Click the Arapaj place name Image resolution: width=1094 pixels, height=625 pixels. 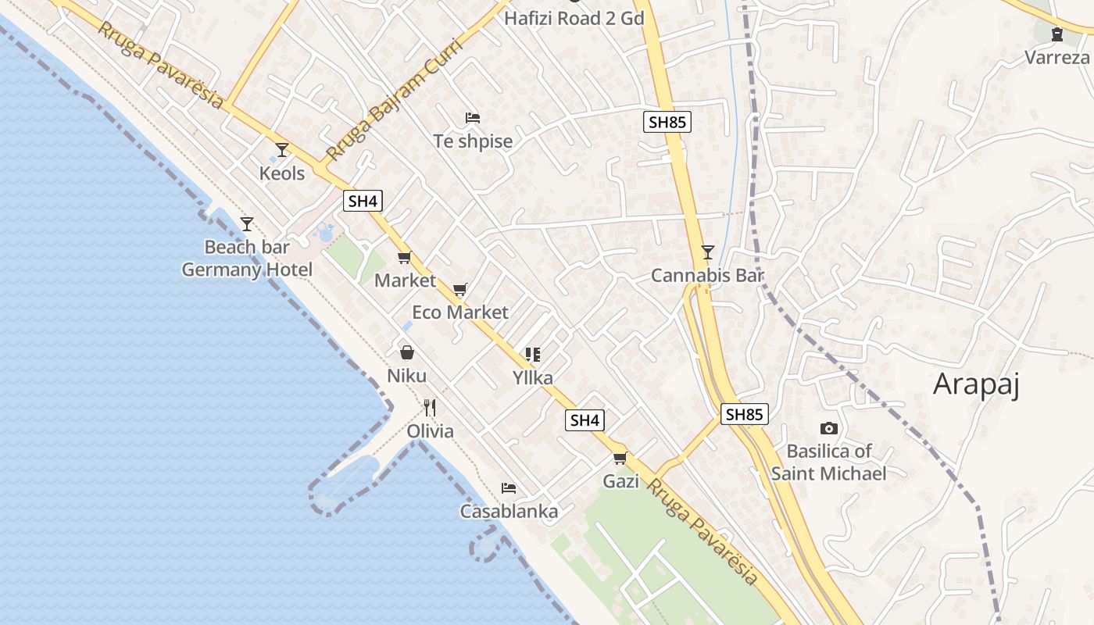pyautogui.click(x=977, y=384)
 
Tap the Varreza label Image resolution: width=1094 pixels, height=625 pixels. pyautogui.click(x=1056, y=57)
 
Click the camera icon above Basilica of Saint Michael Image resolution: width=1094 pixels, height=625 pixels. pyautogui.click(x=829, y=428)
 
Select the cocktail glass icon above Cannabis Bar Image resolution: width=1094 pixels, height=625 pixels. pyautogui.click(x=707, y=252)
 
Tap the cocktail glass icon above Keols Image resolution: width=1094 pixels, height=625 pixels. pyautogui.click(x=282, y=149)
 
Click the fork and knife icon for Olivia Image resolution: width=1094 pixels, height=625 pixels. pyautogui.click(x=429, y=407)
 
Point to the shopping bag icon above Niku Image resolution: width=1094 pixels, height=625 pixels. pyautogui.click(x=406, y=352)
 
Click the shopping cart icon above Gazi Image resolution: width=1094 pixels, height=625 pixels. pyautogui.click(x=620, y=458)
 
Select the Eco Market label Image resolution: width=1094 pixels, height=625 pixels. pyautogui.click(x=460, y=312)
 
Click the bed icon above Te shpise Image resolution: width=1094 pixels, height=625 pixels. pyautogui.click(x=473, y=118)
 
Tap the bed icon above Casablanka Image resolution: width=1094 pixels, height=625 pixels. pyautogui.click(x=509, y=488)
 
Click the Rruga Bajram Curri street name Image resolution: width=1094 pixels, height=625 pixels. pyautogui.click(x=395, y=99)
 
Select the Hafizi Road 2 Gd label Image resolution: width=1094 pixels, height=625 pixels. pyautogui.click(x=574, y=18)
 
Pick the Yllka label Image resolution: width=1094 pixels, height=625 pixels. pyautogui.click(x=533, y=378)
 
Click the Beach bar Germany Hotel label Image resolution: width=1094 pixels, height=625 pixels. pyautogui.click(x=247, y=259)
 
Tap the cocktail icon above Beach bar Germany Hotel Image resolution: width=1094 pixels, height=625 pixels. pyautogui.click(x=247, y=224)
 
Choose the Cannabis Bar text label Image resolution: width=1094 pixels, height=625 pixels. pyautogui.click(x=707, y=276)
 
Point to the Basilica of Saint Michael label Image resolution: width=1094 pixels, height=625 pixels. pyautogui.click(x=829, y=462)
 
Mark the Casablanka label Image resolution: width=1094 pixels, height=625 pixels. pyautogui.click(x=509, y=512)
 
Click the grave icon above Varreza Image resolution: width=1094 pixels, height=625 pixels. pyautogui.click(x=1057, y=34)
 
